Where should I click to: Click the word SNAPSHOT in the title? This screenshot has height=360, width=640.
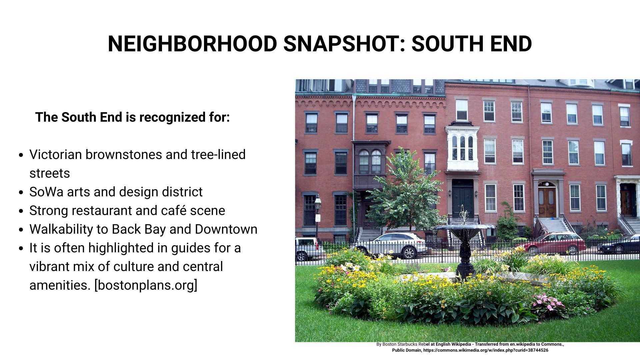(344, 44)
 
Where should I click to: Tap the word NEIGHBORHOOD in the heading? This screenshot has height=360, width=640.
(192, 44)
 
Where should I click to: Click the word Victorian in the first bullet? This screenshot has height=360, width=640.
(55, 155)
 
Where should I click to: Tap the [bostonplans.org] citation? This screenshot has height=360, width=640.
(146, 285)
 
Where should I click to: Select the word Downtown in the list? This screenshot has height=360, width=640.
(226, 229)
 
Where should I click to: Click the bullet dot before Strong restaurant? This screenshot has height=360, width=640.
(21, 211)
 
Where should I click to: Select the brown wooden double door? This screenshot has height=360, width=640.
(547, 202)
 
